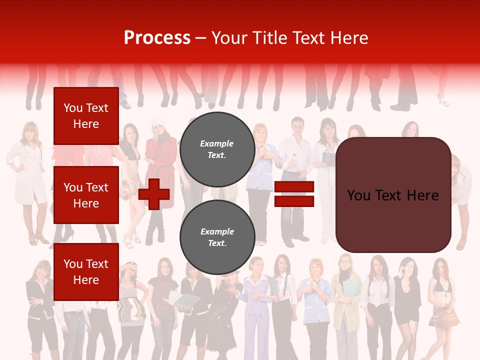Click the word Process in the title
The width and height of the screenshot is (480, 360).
coord(157,38)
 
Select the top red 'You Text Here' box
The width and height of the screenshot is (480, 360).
coord(86,116)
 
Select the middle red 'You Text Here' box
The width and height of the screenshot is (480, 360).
coord(86,195)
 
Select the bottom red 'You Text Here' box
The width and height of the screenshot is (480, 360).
coord(86,271)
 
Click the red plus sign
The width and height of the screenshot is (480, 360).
coord(154,194)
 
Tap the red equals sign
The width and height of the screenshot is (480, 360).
coord(294,194)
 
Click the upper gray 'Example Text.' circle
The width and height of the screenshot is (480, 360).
coord(217,149)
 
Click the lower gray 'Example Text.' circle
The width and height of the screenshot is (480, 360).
coord(217,237)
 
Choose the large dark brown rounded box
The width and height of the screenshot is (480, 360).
coord(393,195)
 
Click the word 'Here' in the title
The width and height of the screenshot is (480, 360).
coord(352,38)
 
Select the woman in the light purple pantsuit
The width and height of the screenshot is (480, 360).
coord(256,305)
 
